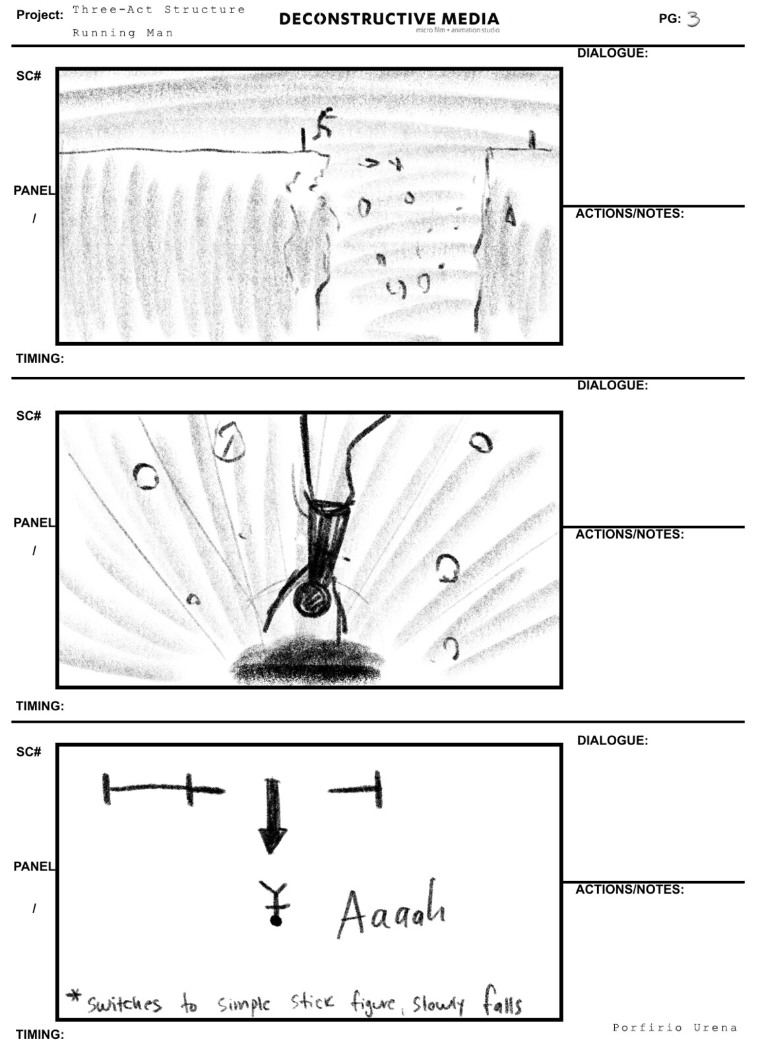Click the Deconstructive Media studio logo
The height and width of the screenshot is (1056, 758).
[389, 21]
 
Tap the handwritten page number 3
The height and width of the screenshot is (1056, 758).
[693, 19]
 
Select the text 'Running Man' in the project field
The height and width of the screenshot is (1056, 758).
[123, 33]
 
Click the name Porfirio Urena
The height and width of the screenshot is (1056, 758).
[675, 1027]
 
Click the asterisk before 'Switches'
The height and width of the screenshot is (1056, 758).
[74, 994]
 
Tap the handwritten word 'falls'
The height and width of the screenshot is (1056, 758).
[502, 999]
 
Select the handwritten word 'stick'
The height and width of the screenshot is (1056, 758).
[312, 1001]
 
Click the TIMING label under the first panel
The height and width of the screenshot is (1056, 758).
[40, 358]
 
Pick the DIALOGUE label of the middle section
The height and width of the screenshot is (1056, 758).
[612, 385]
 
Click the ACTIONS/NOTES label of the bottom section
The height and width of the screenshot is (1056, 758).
[629, 889]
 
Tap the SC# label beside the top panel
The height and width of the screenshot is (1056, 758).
[29, 76]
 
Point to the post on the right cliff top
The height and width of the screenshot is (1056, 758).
[532, 140]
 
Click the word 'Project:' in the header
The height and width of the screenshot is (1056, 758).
[40, 15]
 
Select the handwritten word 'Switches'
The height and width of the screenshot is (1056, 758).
[125, 1003]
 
